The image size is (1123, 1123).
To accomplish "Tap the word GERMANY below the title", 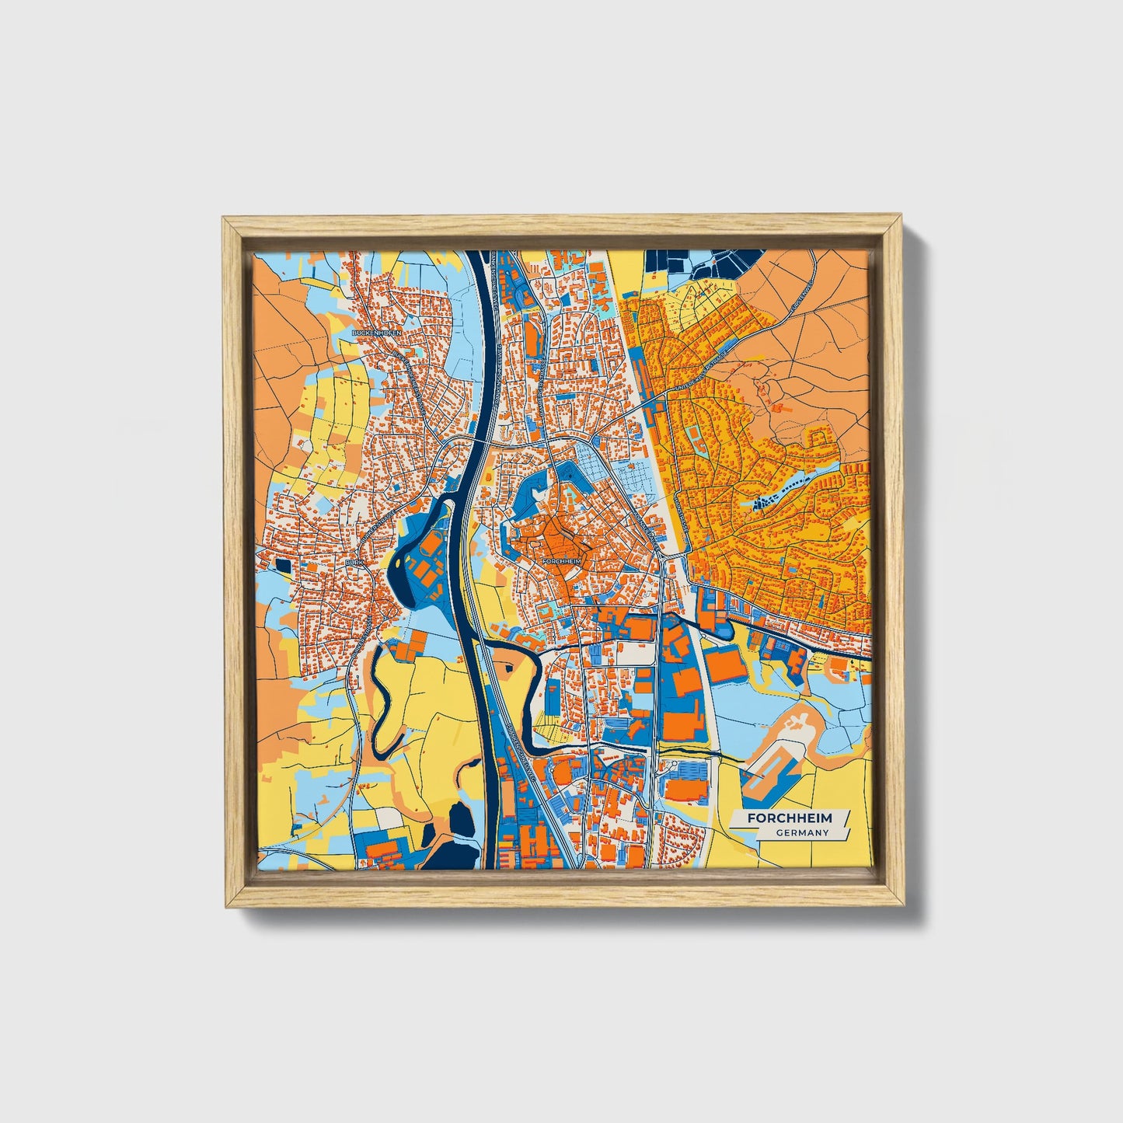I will tap(803, 832).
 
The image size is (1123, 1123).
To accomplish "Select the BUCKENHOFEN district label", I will tap(377, 332).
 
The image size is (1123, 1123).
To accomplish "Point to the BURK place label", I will tap(354, 559).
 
